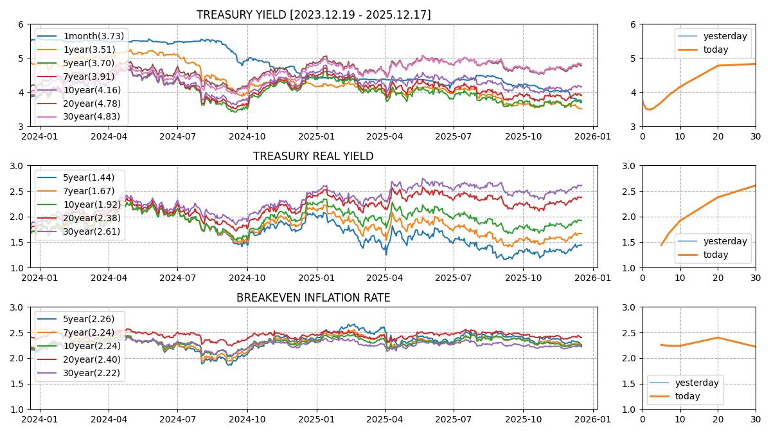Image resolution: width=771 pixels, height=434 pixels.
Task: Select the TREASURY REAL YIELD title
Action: coord(314,156)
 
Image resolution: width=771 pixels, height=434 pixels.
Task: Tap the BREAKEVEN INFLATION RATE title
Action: coord(314,298)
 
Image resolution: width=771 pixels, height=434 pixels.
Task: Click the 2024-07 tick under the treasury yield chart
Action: coord(177,136)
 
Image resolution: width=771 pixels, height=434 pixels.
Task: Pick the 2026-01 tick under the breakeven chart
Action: coord(592,419)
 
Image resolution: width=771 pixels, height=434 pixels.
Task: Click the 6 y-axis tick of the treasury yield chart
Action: coord(21,24)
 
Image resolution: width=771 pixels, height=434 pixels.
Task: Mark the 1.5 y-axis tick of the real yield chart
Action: coord(17,242)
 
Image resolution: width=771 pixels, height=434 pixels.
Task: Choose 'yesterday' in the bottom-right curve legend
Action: coord(696,383)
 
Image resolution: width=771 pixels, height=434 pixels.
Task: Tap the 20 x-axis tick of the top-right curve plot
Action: coord(718,136)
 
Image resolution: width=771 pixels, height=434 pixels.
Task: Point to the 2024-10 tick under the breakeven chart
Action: coord(247,419)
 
